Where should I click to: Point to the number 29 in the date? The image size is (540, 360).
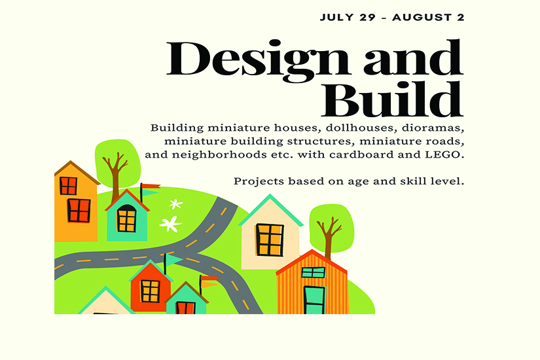[367, 18]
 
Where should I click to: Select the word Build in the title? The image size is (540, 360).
[393, 100]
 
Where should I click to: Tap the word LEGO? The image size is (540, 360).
[444, 154]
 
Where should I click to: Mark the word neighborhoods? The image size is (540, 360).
[219, 154]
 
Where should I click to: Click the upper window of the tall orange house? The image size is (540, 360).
[68, 186]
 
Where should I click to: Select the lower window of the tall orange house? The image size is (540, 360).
[79, 211]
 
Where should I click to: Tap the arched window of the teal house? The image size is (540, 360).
[126, 219]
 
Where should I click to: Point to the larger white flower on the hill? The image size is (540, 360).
[170, 224]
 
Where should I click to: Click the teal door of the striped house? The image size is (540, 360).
[314, 300]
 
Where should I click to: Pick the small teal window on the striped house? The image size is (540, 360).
[313, 272]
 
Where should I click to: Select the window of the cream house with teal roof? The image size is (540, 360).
[270, 240]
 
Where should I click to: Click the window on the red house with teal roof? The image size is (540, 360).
[150, 291]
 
